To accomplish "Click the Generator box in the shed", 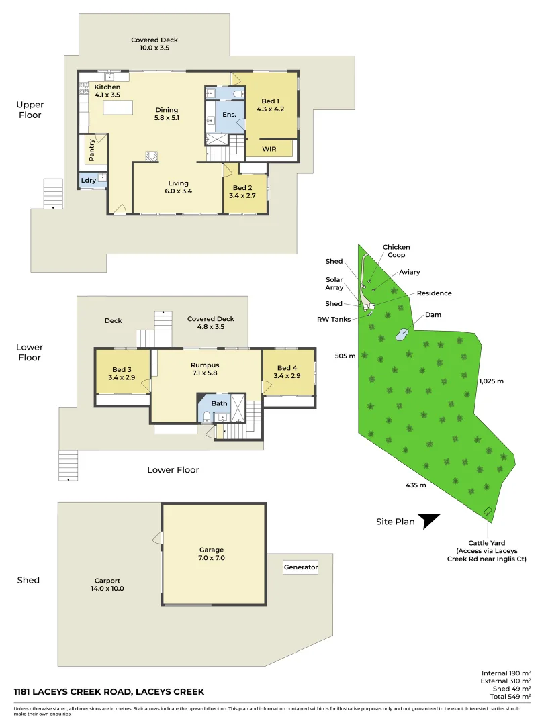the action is (x=301, y=567).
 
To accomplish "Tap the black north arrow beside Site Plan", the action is (x=427, y=520).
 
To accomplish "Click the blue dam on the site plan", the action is (x=402, y=334).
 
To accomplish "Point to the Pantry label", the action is (x=91, y=150).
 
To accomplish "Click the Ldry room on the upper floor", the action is (x=93, y=180).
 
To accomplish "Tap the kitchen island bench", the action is (x=118, y=107).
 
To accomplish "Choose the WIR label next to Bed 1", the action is (x=269, y=149).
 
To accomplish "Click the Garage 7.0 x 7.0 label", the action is (x=212, y=553).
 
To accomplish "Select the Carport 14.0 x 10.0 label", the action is (x=107, y=585).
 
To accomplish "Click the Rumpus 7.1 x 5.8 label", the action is (x=205, y=369).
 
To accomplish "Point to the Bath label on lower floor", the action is (x=219, y=403).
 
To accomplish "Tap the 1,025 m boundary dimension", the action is (x=491, y=381).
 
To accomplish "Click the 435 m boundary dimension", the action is (x=416, y=485).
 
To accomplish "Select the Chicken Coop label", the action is (x=396, y=251).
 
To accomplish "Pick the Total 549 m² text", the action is (x=510, y=696).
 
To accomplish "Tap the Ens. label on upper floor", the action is (x=230, y=114).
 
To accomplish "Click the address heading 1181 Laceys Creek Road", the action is (x=109, y=691).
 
